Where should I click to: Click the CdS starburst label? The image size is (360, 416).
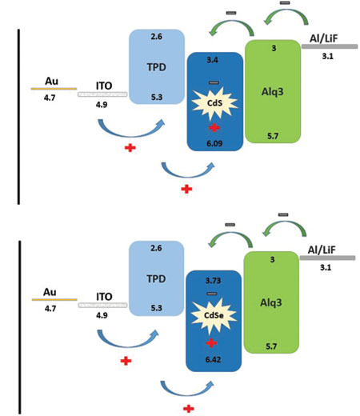[214, 102]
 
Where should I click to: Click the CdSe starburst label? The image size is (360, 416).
[214, 315]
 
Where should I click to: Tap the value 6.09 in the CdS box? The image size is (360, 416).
[214, 143]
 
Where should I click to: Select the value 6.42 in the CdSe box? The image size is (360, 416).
[213, 359]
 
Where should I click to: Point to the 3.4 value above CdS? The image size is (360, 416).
[212, 60]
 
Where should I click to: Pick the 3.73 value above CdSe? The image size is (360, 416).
[213, 281]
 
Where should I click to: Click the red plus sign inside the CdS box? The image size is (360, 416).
[214, 128]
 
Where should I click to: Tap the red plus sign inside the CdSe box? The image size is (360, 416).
[211, 343]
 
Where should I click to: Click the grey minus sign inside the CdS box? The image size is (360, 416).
[214, 82]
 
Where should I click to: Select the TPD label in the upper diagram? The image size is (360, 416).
[157, 67]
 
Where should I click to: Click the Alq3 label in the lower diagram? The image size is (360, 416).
[271, 302]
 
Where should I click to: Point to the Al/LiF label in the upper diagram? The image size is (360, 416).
[323, 38]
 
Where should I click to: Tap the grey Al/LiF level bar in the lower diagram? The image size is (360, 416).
[327, 258]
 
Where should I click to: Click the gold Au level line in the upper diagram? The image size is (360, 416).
[54, 89]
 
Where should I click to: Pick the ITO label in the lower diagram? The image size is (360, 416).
[104, 297]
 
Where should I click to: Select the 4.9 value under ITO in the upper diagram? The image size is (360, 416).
[102, 105]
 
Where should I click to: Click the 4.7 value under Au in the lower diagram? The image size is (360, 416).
[50, 309]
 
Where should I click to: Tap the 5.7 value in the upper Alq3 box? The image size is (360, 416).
[273, 136]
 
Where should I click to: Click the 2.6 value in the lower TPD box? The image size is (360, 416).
[156, 248]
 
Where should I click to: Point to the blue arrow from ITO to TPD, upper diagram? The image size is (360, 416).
[130, 133]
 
